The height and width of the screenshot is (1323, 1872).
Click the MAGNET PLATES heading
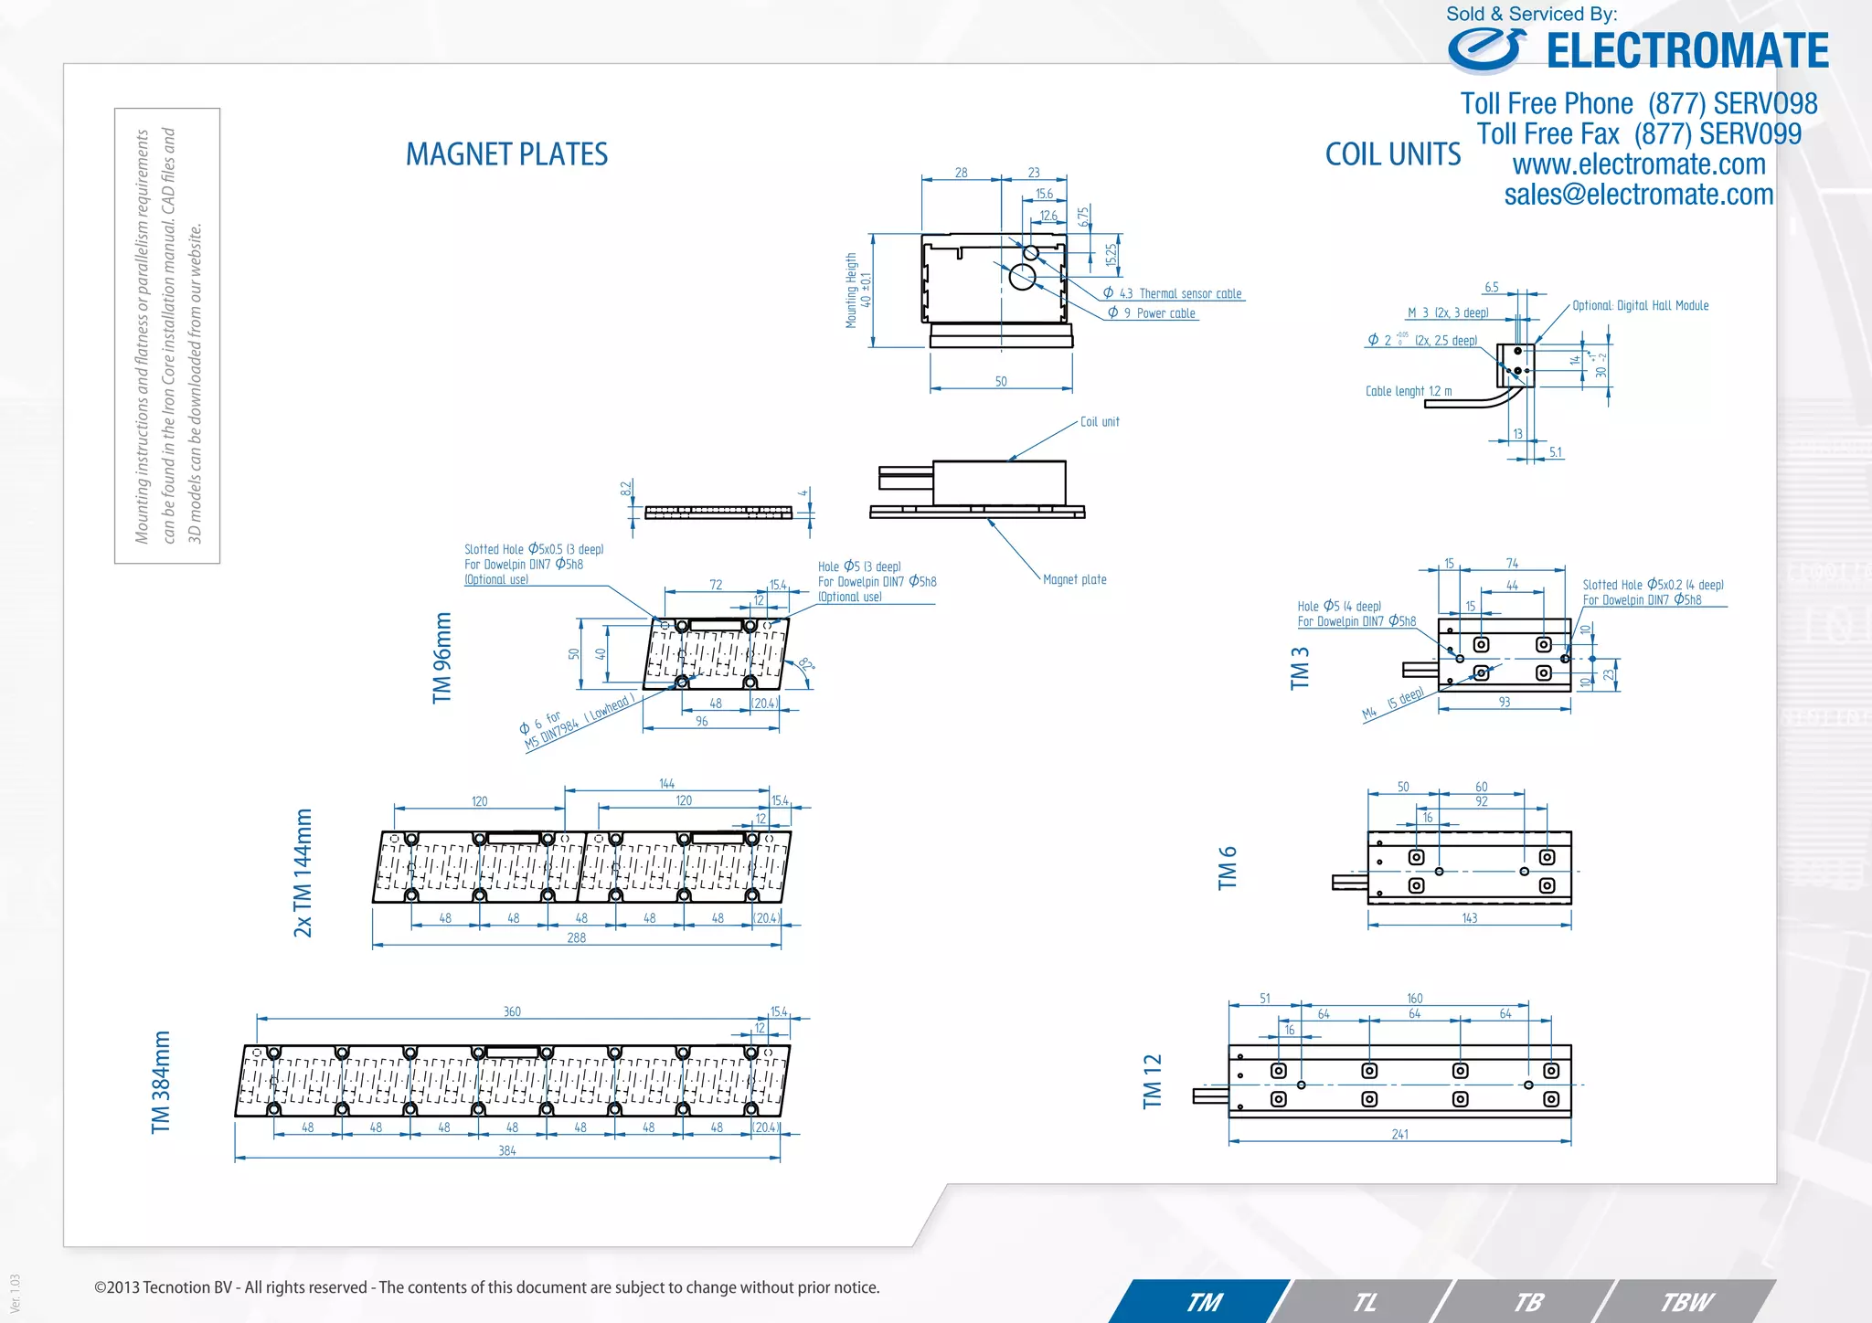[506, 154]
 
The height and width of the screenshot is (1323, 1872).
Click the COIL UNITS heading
[1392, 154]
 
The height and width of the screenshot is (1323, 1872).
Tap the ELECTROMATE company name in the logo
[1686, 51]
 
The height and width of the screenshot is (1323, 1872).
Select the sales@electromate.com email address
[1638, 195]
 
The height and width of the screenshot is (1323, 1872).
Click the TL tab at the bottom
[1365, 1302]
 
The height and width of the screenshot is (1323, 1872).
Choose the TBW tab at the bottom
[1686, 1302]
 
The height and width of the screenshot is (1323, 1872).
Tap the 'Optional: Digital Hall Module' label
[1640, 306]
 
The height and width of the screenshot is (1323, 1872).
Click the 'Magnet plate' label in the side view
[1074, 579]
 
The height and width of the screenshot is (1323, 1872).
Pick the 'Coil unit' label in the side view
[1099, 422]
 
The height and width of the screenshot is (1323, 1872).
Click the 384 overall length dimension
[507, 1151]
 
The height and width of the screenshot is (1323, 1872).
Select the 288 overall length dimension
[576, 938]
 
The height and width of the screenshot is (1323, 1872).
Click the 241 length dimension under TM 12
[1399, 1135]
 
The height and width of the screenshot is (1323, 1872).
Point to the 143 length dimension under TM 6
[1469, 918]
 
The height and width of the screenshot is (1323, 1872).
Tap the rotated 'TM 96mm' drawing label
[442, 658]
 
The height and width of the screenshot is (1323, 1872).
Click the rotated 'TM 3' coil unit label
[1300, 668]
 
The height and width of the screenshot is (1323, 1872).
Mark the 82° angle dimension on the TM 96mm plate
[805, 665]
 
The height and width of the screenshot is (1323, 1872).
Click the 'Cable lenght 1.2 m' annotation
[1408, 391]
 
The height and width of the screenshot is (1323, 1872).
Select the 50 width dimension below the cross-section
[1001, 382]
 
